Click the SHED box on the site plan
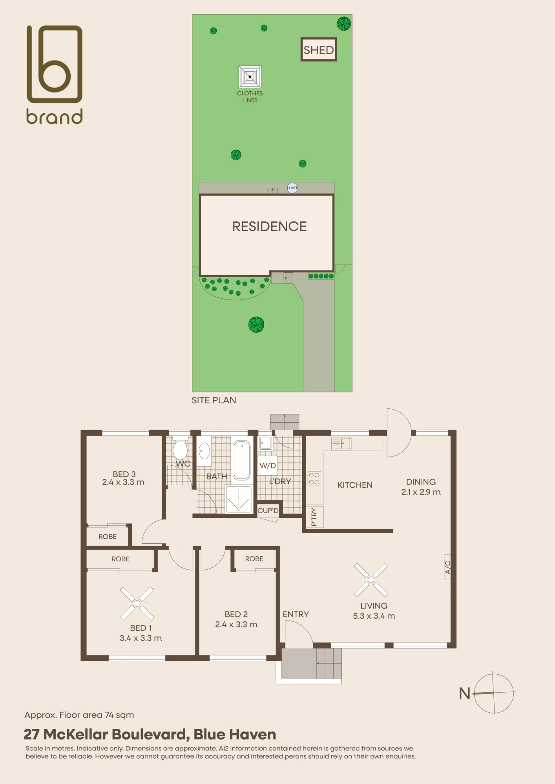[x=319, y=49]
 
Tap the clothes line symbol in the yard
[x=250, y=76]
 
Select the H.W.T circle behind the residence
[x=292, y=188]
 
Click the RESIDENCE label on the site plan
[x=269, y=227]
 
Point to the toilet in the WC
[x=180, y=449]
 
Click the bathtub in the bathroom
[x=241, y=460]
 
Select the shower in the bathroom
[x=239, y=499]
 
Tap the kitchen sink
[x=341, y=443]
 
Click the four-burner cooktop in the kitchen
[x=314, y=478]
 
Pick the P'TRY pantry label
[x=314, y=517]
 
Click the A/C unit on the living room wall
[x=447, y=567]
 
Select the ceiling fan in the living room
[x=371, y=580]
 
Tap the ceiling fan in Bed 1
[x=137, y=604]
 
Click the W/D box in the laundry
[x=268, y=466]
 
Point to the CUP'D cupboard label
[x=268, y=511]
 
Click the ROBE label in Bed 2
[x=254, y=559]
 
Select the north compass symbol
[x=494, y=693]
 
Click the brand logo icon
[x=55, y=64]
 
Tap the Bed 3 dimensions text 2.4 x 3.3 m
[x=123, y=483]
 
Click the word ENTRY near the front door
[x=296, y=614]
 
